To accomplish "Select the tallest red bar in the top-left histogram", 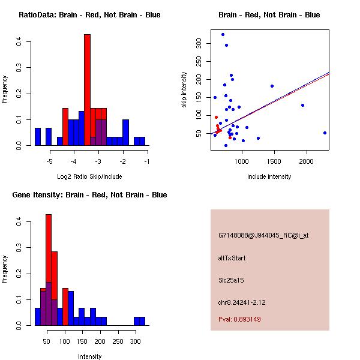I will pyautogui.click(x=87, y=90).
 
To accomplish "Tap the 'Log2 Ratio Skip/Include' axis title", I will pyautogui.click(x=89, y=176).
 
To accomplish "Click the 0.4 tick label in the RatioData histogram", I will pyautogui.click(x=20, y=42).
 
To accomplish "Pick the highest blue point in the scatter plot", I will pyautogui.click(x=223, y=34).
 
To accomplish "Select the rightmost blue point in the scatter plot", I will pyautogui.click(x=325, y=133).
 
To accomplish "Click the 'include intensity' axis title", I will pyautogui.click(x=269, y=176).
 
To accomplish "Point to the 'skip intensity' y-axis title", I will pyautogui.click(x=184, y=90).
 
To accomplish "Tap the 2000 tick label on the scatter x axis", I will pyautogui.click(x=306, y=161).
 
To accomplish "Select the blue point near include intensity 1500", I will pyautogui.click(x=272, y=86).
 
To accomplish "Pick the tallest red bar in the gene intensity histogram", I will pyautogui.click(x=49, y=270).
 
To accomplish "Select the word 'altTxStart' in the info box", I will pyautogui.click(x=232, y=258).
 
